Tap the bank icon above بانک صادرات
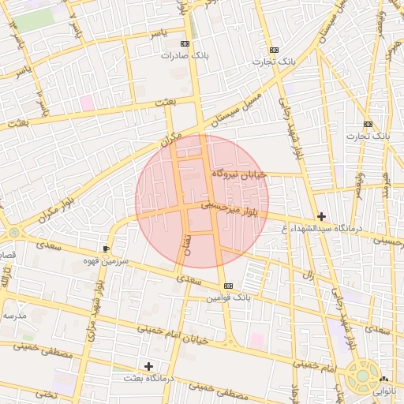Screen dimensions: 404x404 tap(185, 44)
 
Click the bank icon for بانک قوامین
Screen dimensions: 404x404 tap(229, 286)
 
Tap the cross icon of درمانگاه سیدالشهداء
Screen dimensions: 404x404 tap(321, 216)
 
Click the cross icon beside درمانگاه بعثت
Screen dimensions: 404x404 tap(148, 366)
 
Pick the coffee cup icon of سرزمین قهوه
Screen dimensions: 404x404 tap(107, 249)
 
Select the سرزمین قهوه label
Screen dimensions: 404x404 tap(110, 260)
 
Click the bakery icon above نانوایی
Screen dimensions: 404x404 tap(384, 379)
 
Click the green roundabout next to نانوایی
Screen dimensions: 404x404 tap(362, 376)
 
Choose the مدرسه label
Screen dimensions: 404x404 tap(14, 316)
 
